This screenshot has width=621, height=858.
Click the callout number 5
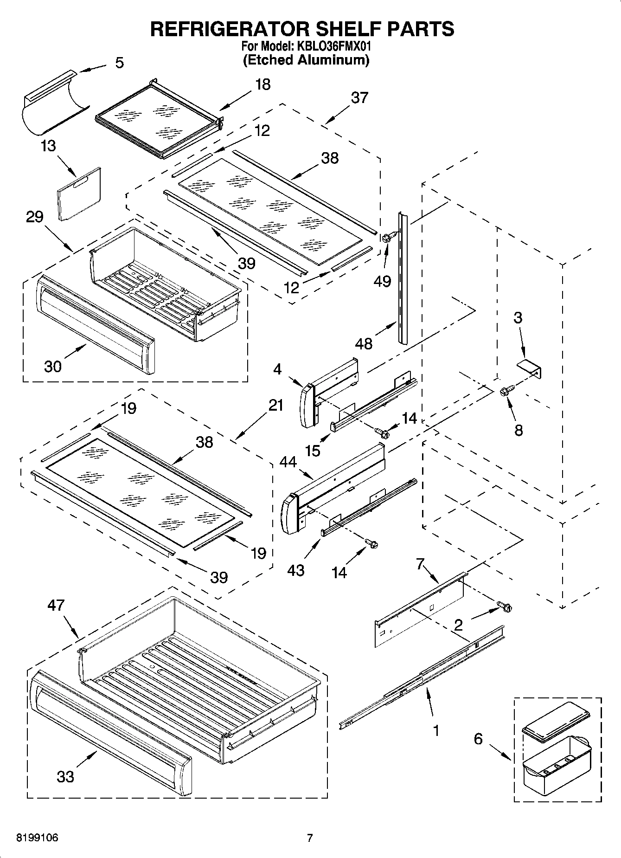(119, 63)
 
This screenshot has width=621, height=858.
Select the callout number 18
(263, 84)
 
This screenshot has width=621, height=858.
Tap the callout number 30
(53, 367)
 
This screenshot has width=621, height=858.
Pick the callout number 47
(56, 605)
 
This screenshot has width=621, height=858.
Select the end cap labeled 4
(307, 406)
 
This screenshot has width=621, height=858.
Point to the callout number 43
(295, 570)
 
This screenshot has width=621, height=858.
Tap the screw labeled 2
(505, 606)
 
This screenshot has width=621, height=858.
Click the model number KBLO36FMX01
(332, 46)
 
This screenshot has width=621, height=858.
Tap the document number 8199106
(37, 838)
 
